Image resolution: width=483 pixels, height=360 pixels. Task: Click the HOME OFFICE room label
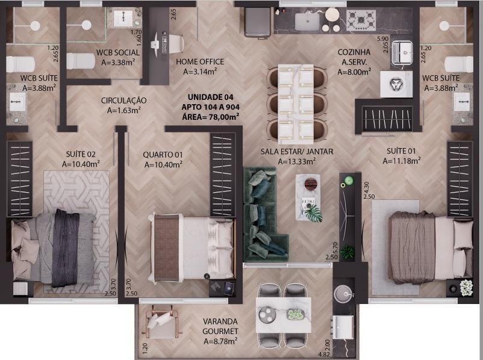(200, 61)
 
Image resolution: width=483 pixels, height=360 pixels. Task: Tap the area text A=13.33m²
(297, 161)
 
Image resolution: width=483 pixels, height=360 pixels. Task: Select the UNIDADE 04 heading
(210, 97)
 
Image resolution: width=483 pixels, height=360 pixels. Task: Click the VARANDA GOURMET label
(220, 326)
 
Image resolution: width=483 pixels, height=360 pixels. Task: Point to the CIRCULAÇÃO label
(124, 100)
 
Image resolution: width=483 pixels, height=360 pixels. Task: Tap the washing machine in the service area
(396, 84)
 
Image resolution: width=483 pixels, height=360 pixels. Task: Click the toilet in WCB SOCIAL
(81, 61)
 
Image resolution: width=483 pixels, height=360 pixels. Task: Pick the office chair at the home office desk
(175, 44)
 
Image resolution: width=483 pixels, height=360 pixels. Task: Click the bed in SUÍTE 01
(431, 247)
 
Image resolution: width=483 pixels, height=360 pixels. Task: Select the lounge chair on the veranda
(163, 323)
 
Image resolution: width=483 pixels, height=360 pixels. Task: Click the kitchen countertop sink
(307, 22)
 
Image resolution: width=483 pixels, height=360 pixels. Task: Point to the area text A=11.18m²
(402, 161)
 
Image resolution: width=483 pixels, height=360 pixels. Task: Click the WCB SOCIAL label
(118, 52)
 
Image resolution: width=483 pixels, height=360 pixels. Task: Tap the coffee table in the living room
(308, 197)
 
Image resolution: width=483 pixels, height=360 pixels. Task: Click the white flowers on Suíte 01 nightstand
(466, 288)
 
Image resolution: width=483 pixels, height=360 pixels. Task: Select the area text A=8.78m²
(220, 341)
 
